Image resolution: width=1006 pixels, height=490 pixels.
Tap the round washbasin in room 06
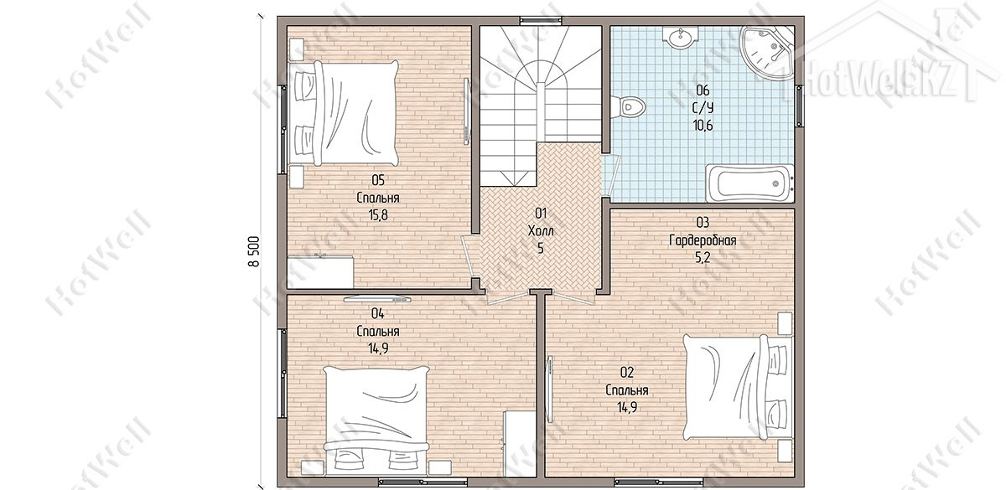coord(681,37)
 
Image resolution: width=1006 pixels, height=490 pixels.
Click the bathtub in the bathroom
coord(749,183)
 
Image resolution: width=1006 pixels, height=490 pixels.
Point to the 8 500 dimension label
coord(254,251)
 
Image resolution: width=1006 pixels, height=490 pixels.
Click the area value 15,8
coord(378,215)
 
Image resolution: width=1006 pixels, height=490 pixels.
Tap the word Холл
coord(541,231)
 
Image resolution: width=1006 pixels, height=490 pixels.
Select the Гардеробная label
coord(703,241)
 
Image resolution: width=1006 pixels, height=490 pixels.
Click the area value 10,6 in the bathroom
coord(703,125)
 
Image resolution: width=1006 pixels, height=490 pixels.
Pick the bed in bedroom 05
coord(344,112)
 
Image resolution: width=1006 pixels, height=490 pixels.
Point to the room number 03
coord(703,223)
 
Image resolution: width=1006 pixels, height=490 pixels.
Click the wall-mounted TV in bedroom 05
coord(467,111)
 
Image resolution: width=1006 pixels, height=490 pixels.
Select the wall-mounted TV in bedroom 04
coord(378,298)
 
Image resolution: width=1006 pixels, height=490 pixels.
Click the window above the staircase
coord(540,20)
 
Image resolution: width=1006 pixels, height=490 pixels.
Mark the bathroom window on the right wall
coord(799,106)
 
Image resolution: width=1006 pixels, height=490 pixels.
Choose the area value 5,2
coord(703,258)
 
